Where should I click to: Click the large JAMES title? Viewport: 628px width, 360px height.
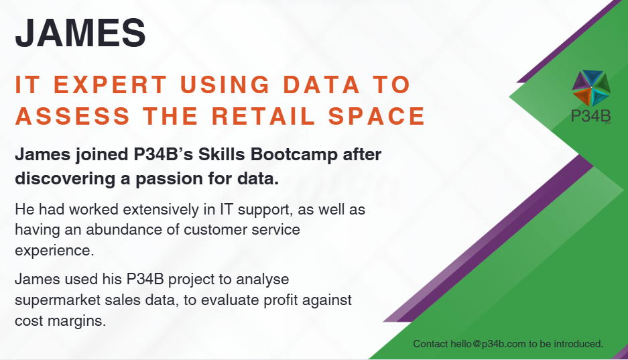tap(80, 32)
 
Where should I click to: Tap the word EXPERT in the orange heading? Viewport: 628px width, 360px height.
tap(110, 84)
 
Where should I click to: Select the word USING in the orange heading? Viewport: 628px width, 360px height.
tap(225, 84)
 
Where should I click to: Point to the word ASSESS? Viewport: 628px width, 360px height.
tap(72, 116)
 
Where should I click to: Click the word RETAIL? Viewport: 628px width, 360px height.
tap(263, 116)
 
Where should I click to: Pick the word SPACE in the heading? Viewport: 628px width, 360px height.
tap(377, 116)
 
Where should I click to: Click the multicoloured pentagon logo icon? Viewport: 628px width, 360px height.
tap(591, 88)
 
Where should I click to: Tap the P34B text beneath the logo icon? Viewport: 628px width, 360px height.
tap(590, 116)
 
